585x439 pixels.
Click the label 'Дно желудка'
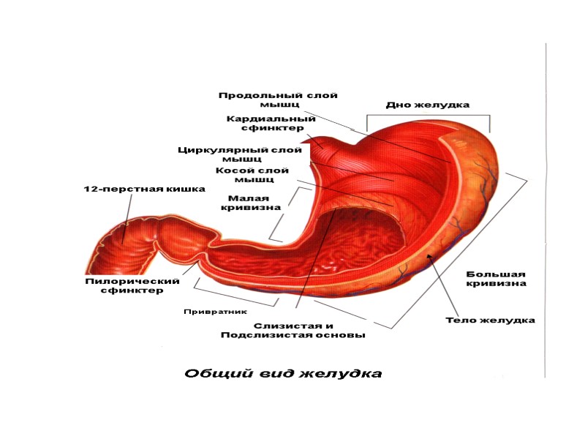(427, 105)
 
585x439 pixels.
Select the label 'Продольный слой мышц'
(278, 100)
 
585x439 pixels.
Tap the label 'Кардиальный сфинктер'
(271, 123)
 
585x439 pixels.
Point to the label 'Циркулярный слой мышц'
(240, 154)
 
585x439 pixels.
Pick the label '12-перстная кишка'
(143, 190)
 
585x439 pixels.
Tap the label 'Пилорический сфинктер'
(132, 285)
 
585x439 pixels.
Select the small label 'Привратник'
(212, 311)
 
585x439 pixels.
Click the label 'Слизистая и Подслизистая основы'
(292, 330)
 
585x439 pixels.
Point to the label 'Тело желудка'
(491, 320)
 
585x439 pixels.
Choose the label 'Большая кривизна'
(497, 279)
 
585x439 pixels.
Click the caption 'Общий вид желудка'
(282, 374)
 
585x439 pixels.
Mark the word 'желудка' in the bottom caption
(343, 374)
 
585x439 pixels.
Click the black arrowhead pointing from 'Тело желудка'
(429, 256)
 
